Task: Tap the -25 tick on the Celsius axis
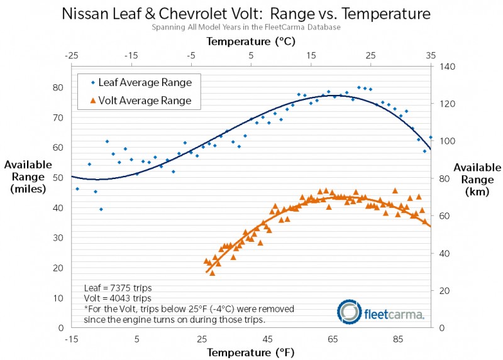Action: pos(72,57)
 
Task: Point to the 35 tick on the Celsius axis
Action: pos(431,57)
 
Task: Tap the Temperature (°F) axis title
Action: pos(250,352)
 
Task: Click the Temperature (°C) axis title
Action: pos(251,42)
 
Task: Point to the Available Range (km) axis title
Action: pos(477,180)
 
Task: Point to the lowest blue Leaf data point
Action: pos(101,209)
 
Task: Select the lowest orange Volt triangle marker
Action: pos(213,273)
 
